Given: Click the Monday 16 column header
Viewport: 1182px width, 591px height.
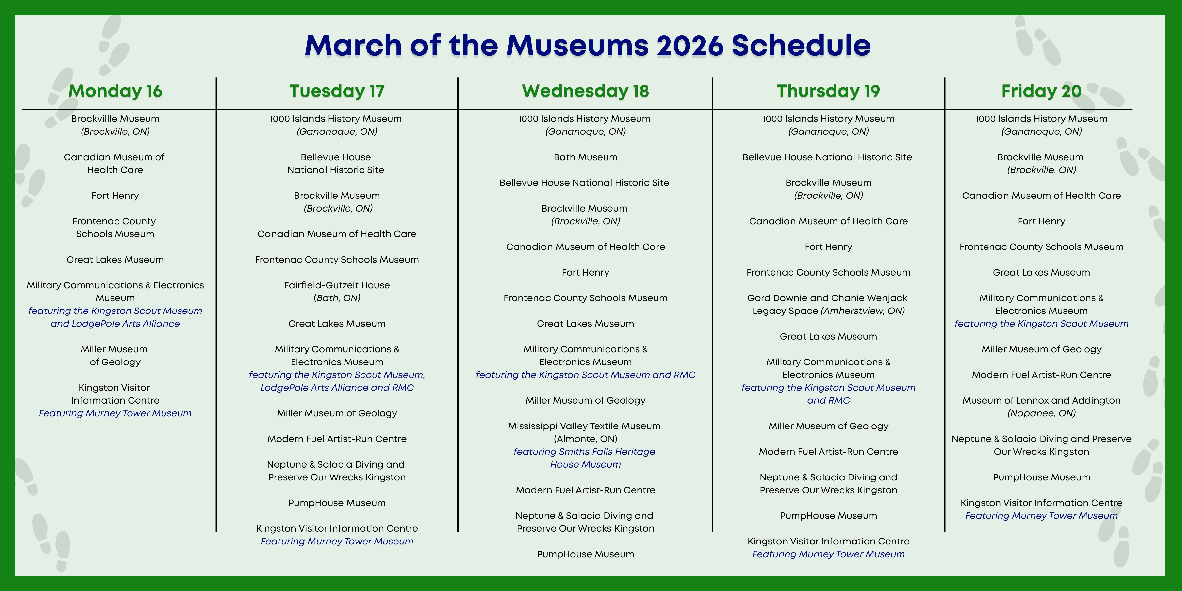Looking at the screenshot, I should point(115,91).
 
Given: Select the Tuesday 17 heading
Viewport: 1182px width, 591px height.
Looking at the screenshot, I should point(337,91).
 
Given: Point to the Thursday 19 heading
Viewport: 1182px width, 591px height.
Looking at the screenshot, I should point(828,91).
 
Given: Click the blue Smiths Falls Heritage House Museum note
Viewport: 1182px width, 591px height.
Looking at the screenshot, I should point(585,458).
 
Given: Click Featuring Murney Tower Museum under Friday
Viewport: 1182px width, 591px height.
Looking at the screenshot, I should point(1041,516).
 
